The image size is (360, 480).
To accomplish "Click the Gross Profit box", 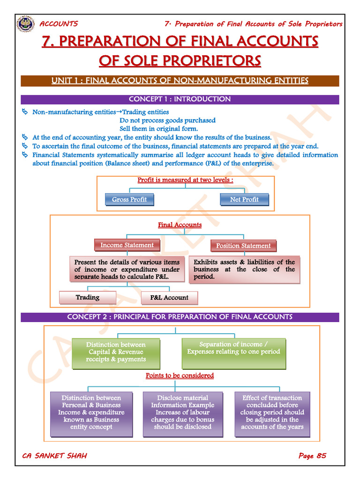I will [x=129, y=200].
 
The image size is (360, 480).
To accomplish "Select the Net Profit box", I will [x=244, y=200].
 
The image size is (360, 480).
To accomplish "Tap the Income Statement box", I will [x=127, y=245].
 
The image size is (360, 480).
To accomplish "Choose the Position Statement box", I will [x=243, y=246].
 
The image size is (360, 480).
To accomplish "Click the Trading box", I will [x=88, y=298].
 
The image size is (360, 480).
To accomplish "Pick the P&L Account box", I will [x=169, y=298].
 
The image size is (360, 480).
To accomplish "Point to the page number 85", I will [x=321, y=456].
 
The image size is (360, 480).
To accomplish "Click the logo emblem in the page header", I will [x=25, y=23].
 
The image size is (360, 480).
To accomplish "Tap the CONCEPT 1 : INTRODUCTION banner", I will [x=180, y=99].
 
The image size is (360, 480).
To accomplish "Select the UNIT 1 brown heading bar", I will [x=180, y=81].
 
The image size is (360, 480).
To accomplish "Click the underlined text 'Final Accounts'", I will [x=180, y=225].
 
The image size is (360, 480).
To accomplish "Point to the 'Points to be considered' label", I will [x=180, y=375].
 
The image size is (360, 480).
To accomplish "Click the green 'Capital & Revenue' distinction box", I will [x=116, y=352].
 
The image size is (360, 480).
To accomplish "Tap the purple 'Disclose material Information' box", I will [x=182, y=413].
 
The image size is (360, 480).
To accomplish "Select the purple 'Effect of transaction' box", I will [x=272, y=413].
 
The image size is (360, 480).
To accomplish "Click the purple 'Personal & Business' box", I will [x=91, y=413].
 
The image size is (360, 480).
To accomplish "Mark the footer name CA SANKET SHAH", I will [x=55, y=456].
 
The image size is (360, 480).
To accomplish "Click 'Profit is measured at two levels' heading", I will [x=185, y=180].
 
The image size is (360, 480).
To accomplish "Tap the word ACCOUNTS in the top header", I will [x=59, y=24].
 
